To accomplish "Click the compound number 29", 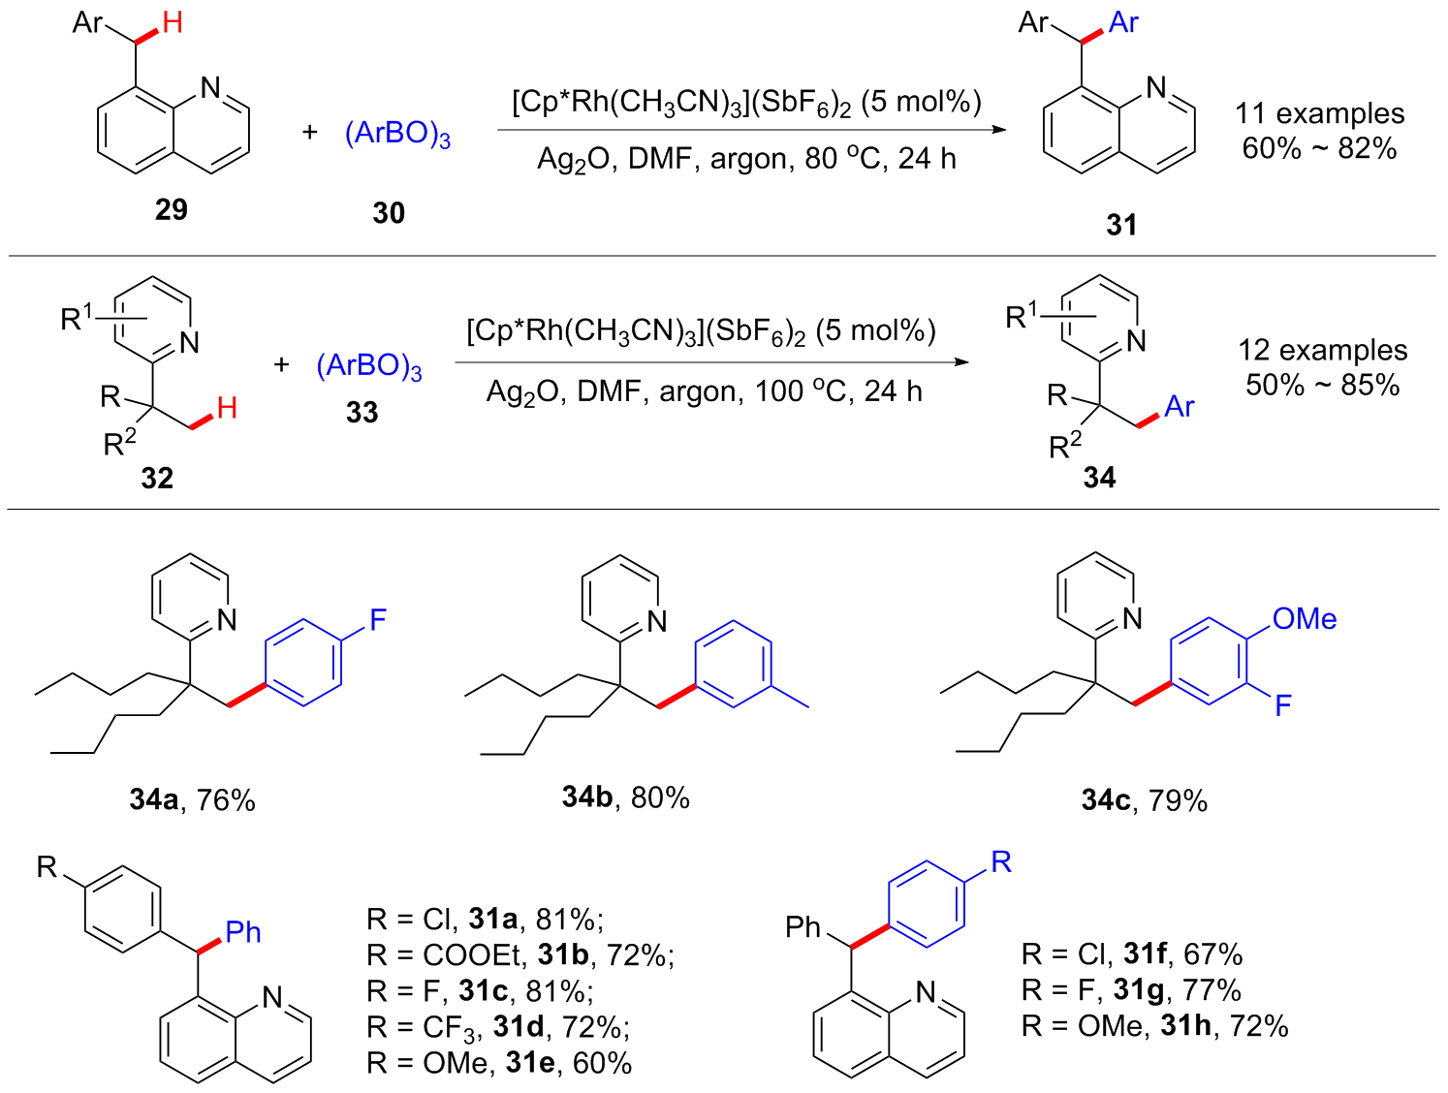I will click(x=171, y=209).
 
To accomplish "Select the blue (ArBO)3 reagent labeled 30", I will click(x=397, y=133).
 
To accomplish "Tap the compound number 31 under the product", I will click(x=1121, y=225).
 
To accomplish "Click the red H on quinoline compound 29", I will click(x=173, y=21).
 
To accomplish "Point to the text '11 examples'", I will click(x=1319, y=113).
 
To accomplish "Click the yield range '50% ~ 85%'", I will click(x=1322, y=385).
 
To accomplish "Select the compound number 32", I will click(x=157, y=478).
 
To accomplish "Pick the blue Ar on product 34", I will click(x=1180, y=406).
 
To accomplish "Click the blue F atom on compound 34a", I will click(x=378, y=619).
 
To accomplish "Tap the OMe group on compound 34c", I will click(x=1305, y=619).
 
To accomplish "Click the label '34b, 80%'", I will click(x=625, y=797).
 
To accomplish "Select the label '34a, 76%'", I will click(x=192, y=800).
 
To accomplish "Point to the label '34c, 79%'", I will click(x=1144, y=800).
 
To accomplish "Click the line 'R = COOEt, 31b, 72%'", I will click(x=519, y=955).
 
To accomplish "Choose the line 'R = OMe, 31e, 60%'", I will click(x=499, y=1063).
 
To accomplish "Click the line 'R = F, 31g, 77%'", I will click(x=1130, y=990).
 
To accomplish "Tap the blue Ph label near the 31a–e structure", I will click(x=243, y=932).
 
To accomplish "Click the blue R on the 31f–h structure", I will click(x=1001, y=861).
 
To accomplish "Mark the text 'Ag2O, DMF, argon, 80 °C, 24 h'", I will click(x=746, y=159).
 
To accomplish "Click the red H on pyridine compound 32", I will click(x=227, y=408).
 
